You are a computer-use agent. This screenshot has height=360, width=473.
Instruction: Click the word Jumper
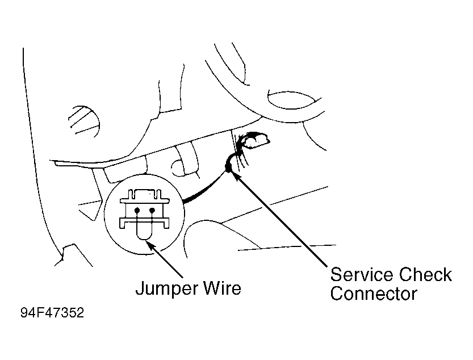point(168,289)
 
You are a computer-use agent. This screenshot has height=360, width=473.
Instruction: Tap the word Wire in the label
point(223,288)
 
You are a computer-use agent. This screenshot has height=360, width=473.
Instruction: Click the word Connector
point(374,294)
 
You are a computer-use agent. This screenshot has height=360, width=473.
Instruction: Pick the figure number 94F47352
point(52,313)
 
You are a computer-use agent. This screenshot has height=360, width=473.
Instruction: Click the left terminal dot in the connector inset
point(137,210)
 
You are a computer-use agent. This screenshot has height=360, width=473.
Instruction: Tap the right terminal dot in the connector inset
point(152,210)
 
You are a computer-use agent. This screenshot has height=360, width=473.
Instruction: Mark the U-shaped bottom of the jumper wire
point(145,238)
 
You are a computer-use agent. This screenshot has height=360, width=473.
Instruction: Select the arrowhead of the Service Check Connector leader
point(237,177)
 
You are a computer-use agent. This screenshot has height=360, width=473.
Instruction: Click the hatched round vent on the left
point(84,122)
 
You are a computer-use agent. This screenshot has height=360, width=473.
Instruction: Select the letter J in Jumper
point(140,288)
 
